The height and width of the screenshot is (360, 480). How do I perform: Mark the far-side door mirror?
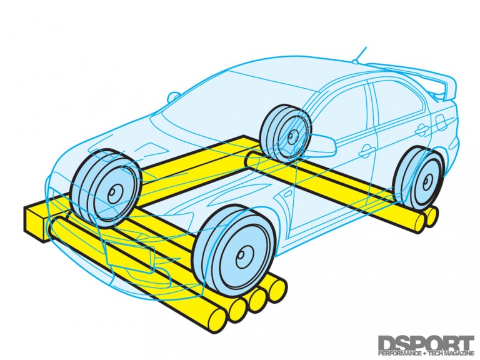[172, 97]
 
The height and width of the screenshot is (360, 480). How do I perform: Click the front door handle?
[366, 150]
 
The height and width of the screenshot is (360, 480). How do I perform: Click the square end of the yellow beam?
[35, 221]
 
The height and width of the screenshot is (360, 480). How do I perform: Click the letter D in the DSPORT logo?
[387, 343]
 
